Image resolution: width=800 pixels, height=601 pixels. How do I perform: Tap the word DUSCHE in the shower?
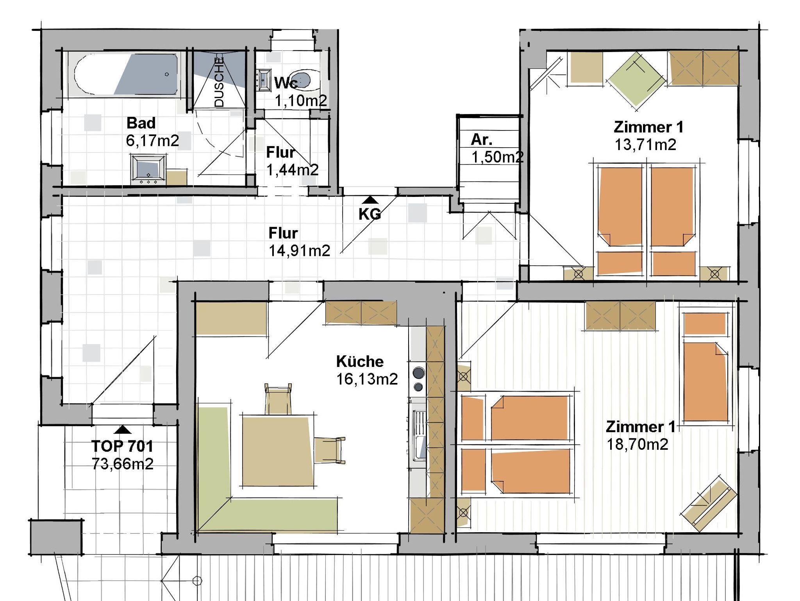point(220,82)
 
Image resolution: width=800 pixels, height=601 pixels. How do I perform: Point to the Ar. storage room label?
point(481,139)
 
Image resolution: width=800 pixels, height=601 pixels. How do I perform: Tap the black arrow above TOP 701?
point(123,429)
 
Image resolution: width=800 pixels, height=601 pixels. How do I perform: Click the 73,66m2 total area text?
point(123,464)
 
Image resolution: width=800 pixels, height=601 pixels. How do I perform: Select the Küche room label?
point(360,361)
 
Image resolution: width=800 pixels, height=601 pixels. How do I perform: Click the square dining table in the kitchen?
point(278,451)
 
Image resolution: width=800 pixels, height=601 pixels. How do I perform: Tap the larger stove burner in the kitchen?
point(418,373)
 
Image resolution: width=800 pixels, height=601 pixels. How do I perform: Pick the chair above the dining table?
point(278,399)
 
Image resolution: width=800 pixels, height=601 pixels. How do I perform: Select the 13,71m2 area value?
point(645,145)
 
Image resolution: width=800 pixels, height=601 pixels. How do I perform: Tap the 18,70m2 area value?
point(637,444)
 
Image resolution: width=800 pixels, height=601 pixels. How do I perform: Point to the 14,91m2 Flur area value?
point(299,250)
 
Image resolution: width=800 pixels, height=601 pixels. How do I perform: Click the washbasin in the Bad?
point(148,169)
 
